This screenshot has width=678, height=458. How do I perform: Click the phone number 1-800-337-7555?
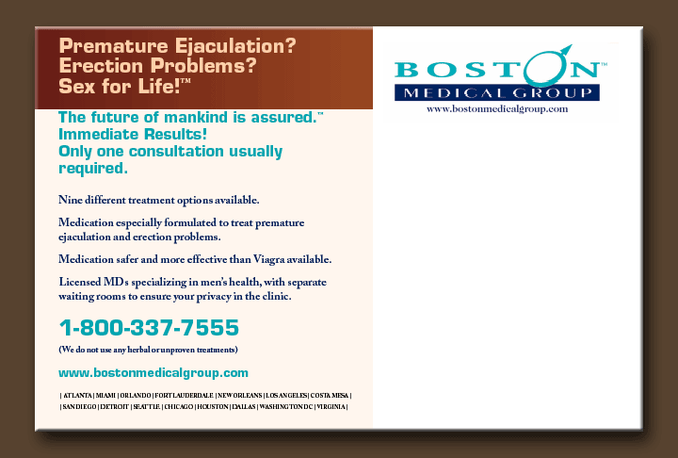point(149,327)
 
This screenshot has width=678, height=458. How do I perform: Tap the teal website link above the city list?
point(153,373)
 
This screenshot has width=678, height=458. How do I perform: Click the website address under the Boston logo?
point(497,109)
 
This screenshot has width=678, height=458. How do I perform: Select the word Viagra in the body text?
point(269,259)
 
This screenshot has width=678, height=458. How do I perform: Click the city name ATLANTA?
point(78,395)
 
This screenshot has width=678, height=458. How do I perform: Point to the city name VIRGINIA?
point(331,406)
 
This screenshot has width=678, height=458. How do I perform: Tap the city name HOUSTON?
point(212,406)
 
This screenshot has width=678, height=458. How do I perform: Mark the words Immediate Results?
point(133,134)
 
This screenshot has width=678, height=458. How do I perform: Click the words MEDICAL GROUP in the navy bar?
point(497,92)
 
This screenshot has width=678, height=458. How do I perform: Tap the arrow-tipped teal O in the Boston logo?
point(545,66)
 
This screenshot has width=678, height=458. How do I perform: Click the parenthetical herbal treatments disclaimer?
point(149,350)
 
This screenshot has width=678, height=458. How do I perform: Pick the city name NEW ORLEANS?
point(239,395)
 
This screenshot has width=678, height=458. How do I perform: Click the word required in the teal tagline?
point(93,169)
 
